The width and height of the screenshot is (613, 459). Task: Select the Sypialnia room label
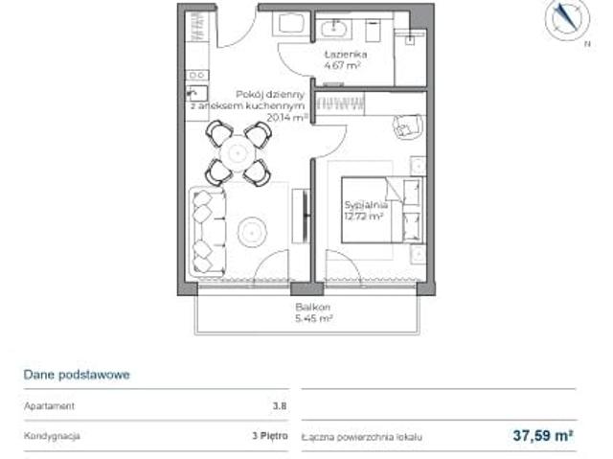[365, 205]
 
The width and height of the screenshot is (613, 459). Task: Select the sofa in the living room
[207, 229]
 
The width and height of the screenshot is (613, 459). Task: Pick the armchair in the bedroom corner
[407, 125]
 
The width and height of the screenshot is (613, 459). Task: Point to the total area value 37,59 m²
[543, 435]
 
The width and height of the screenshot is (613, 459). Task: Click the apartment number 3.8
[279, 406]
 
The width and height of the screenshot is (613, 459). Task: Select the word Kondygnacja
[53, 435]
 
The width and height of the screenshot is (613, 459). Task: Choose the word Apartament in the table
[50, 406]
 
